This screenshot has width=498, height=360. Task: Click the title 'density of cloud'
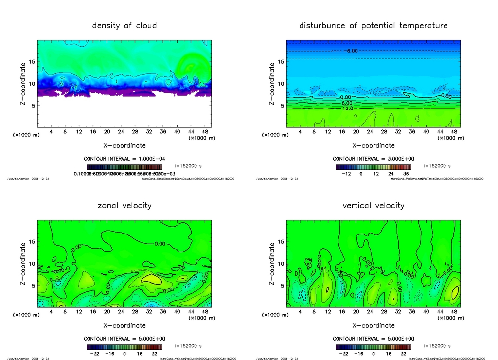click(x=124, y=26)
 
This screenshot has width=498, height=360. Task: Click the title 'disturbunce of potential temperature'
click(x=373, y=26)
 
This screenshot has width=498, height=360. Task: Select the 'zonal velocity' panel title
click(x=124, y=206)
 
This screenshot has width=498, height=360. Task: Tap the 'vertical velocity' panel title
click(x=373, y=206)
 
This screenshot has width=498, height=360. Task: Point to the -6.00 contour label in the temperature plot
click(x=352, y=51)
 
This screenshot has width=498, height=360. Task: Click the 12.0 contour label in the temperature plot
click(x=348, y=108)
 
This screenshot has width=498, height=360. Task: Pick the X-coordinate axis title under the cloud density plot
click(x=124, y=145)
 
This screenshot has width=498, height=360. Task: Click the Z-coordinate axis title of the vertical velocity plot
click(x=272, y=264)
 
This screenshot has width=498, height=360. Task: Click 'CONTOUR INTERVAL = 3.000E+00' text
click(x=373, y=159)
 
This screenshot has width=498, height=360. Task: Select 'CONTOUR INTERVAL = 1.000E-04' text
click(x=124, y=159)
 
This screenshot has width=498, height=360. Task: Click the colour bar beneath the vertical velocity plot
click(x=373, y=347)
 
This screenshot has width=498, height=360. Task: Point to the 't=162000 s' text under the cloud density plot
click(x=188, y=166)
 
